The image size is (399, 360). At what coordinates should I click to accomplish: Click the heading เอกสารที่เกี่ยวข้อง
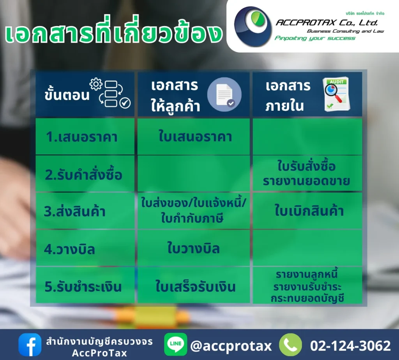pyautogui.click(x=113, y=34)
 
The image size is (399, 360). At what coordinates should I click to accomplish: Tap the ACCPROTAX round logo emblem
pyautogui.click(x=253, y=26)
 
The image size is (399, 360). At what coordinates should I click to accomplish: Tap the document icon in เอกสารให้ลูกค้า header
pyautogui.click(x=224, y=94)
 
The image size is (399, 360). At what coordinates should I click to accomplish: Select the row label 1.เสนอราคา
pyautogui.click(x=81, y=137)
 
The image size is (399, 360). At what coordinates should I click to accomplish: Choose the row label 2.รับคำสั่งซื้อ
pyautogui.click(x=83, y=174)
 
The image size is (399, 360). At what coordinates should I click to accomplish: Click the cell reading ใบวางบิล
pyautogui.click(x=194, y=248)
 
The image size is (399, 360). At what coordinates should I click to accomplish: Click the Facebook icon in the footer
pyautogui.click(x=30, y=345)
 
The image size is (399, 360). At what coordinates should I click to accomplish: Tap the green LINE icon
pyautogui.click(x=176, y=345)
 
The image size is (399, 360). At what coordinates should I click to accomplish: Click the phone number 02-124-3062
pyautogui.click(x=350, y=346)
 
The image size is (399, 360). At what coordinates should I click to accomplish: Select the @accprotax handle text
pyautogui.click(x=231, y=346)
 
